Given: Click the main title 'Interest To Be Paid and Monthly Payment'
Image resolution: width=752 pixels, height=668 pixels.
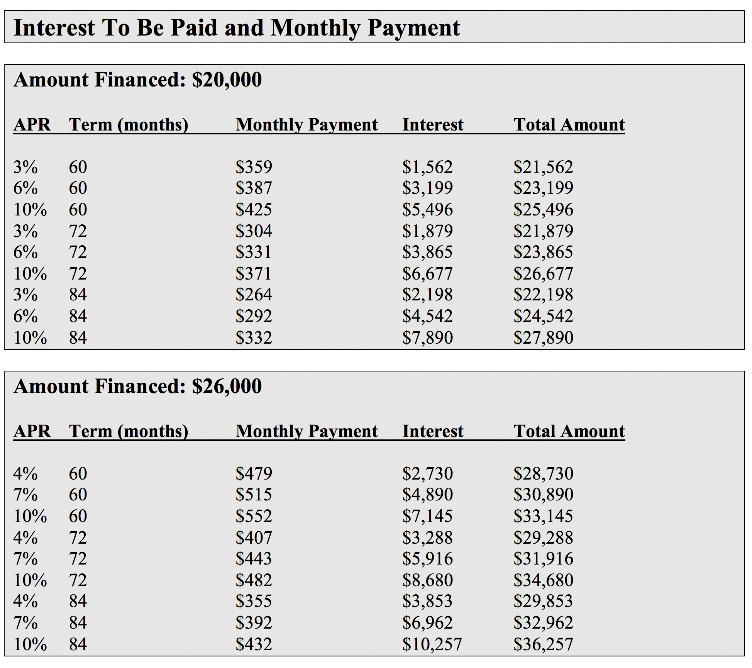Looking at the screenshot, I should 237,28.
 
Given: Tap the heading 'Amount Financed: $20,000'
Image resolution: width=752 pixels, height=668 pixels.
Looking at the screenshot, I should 137,80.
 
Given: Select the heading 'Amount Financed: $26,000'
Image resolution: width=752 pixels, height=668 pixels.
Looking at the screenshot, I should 137,387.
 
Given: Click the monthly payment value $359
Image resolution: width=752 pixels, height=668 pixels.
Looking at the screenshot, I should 254,167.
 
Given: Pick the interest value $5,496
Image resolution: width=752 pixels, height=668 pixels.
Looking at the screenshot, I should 427,210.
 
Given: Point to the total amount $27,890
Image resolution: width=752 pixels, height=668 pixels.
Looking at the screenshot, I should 543,338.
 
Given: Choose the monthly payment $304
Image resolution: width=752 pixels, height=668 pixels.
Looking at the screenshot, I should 254,231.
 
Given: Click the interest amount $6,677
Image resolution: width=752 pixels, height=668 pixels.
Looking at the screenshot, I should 427,274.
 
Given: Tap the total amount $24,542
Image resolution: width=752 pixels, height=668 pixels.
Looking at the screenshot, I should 543,316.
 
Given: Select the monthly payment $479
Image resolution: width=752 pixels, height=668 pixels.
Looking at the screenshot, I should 254,474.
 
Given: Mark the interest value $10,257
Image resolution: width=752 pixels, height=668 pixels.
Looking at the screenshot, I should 432,644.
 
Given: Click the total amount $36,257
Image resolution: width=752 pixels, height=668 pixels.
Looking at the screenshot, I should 543,644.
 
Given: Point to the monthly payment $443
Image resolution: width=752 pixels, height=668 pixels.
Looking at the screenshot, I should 254,559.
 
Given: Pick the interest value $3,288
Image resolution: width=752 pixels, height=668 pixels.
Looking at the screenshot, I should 427,538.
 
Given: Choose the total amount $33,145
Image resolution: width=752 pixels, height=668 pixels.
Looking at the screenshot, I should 543,516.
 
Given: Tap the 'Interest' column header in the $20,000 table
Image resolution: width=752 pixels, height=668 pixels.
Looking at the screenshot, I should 433,125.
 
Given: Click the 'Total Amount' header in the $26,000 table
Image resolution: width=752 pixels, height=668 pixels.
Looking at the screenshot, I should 569,431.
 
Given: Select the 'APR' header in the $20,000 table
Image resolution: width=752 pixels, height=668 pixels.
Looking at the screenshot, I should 32,125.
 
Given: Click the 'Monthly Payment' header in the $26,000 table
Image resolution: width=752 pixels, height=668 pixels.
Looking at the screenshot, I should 307,431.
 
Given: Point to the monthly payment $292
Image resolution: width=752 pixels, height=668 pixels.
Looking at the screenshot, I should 254,316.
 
